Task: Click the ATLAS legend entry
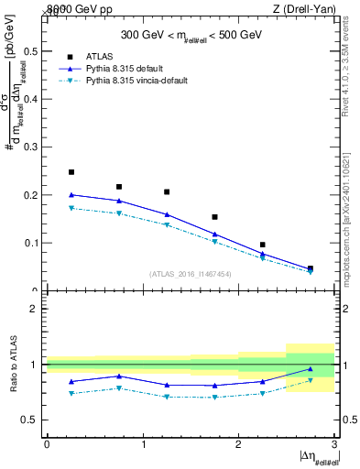(x=99, y=57)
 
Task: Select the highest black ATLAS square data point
(x=71, y=172)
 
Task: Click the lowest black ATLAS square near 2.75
(x=311, y=268)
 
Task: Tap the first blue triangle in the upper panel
(x=71, y=194)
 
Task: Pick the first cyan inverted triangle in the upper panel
(x=71, y=208)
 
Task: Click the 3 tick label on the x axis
(x=334, y=444)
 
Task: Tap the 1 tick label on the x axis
(x=143, y=444)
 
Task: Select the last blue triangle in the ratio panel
(x=311, y=369)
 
